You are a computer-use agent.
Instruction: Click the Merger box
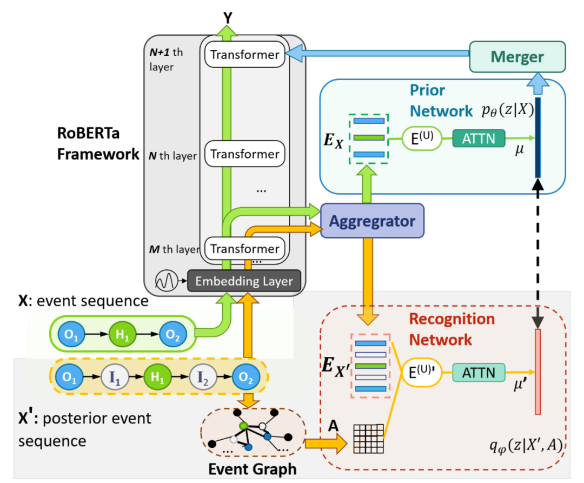[x=517, y=57]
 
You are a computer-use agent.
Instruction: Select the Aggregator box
[x=372, y=221]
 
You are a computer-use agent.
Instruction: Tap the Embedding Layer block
[x=244, y=281]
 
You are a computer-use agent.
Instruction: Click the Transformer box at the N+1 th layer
[x=244, y=55]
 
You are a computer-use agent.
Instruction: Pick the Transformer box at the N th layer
[x=244, y=154]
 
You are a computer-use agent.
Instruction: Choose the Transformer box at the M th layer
[x=244, y=249]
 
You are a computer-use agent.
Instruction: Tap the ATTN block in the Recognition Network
[x=477, y=373]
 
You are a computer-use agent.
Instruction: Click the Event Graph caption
[x=253, y=469]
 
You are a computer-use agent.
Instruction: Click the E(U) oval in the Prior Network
[x=418, y=137]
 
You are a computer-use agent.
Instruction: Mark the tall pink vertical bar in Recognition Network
[x=538, y=371]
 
